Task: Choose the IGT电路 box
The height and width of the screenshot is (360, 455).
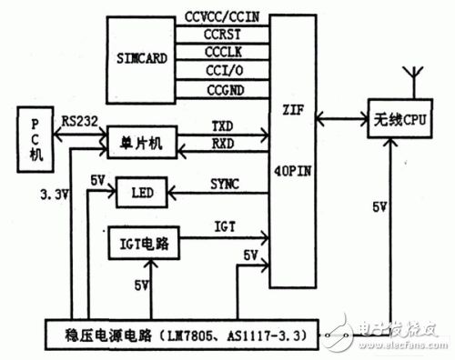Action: coord(143,244)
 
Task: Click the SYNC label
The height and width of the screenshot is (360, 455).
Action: coord(224,184)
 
